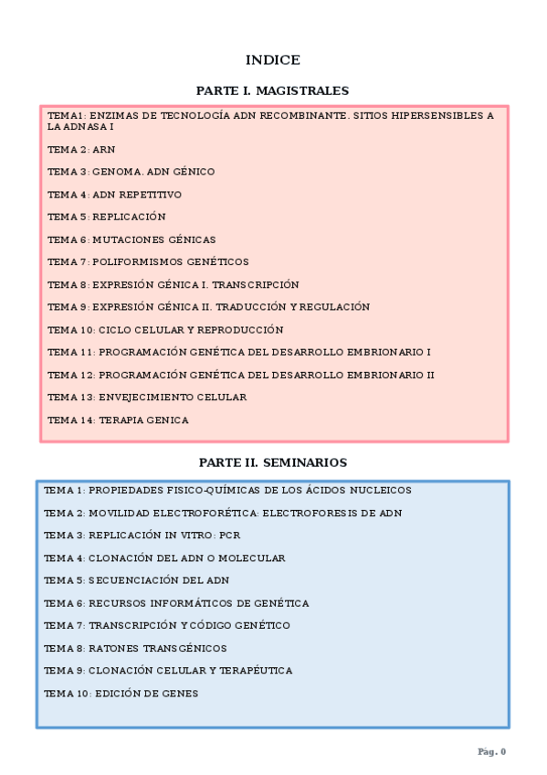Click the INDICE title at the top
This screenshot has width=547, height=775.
[x=272, y=60]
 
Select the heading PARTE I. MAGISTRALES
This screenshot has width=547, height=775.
[x=272, y=91]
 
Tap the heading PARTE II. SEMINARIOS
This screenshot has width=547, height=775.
[x=272, y=463]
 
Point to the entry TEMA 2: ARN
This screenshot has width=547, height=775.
[x=81, y=149]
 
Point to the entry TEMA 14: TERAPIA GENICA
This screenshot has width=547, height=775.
[x=118, y=420]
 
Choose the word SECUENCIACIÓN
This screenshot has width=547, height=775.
[x=134, y=580]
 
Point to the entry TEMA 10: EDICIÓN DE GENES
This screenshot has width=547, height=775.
[x=121, y=694]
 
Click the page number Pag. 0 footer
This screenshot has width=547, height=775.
[x=491, y=751]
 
